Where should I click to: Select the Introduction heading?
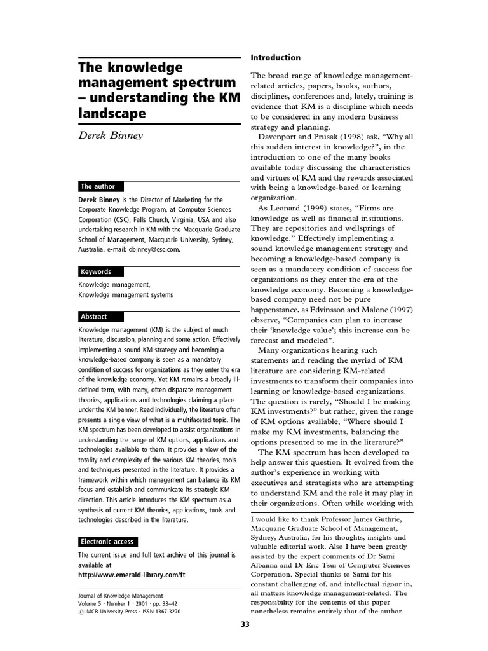click(276, 58)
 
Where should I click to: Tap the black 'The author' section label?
click(98, 186)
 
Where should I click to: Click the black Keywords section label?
click(96, 271)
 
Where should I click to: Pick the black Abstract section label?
click(94, 316)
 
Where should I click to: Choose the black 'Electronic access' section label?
click(107, 542)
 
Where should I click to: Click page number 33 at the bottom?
click(245, 624)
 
